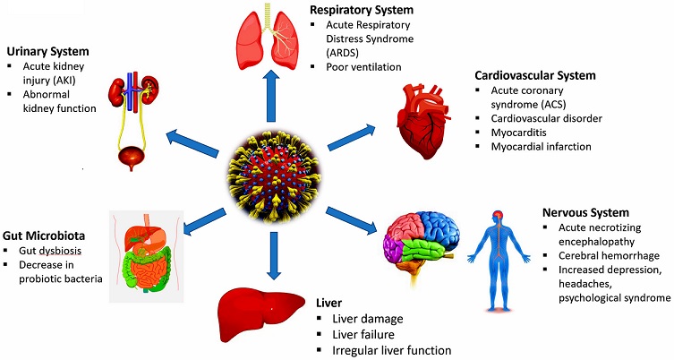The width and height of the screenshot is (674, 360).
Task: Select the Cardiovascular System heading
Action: coord(535,75)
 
